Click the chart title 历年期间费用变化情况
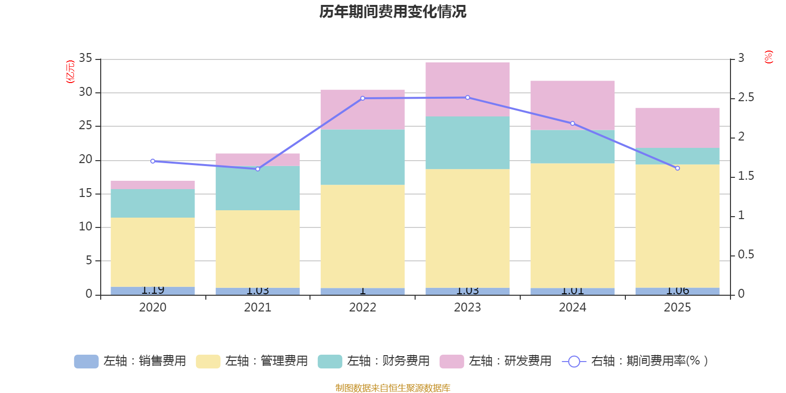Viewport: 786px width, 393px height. [x=393, y=12]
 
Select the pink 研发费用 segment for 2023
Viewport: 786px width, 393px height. [x=467, y=89]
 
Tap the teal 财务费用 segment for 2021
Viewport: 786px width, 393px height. [x=257, y=188]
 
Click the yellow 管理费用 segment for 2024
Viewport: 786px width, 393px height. [x=572, y=225]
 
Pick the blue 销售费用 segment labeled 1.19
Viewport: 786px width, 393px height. [x=152, y=291]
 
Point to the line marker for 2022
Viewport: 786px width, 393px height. [x=363, y=98]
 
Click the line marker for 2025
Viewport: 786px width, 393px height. [x=677, y=168]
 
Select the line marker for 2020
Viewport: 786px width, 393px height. [x=152, y=161]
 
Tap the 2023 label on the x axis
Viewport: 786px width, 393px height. [x=467, y=308]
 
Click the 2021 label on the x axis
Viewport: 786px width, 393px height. [x=257, y=308]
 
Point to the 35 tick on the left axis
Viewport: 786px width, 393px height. [x=85, y=58]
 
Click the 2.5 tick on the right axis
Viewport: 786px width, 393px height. [x=746, y=98]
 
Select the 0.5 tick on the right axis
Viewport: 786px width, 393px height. [x=746, y=254]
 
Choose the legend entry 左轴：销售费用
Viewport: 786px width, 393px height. [x=130, y=361]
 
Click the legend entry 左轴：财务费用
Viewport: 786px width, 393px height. [x=374, y=361]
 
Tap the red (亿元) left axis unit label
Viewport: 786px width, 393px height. [x=70, y=72]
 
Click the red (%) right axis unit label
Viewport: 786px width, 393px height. [x=769, y=57]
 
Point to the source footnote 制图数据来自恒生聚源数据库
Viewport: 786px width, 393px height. [x=393, y=388]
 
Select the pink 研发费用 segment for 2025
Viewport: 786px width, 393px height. [x=677, y=128]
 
